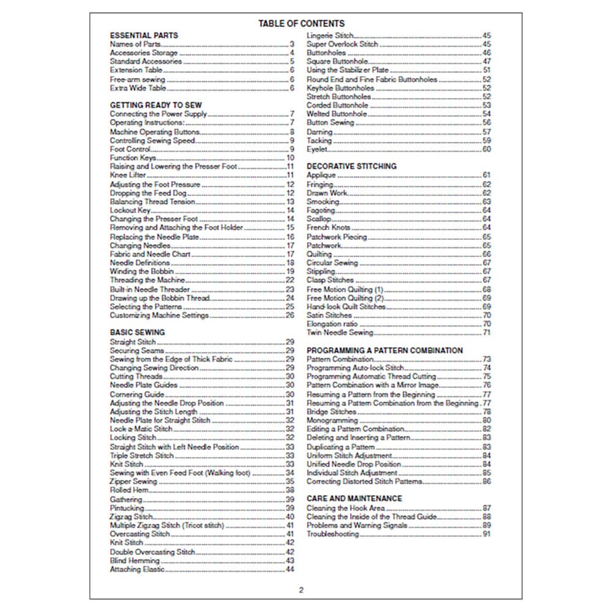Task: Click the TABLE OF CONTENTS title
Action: pyautogui.click(x=301, y=24)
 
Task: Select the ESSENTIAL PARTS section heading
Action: pyautogui.click(x=144, y=35)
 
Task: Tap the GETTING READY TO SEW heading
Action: pyautogui.click(x=155, y=105)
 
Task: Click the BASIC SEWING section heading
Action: pyautogui.click(x=137, y=332)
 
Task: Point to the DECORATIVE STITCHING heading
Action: pyautogui.click(x=351, y=166)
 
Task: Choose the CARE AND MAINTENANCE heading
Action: pyautogui.click(x=354, y=499)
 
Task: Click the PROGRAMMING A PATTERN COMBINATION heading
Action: pyautogui.click(x=384, y=351)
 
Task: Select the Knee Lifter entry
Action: pyautogui.click(x=128, y=175)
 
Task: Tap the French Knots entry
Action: pyautogui.click(x=328, y=228)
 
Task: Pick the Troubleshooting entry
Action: pyautogui.click(x=332, y=534)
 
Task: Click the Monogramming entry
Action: pyautogui.click(x=332, y=420)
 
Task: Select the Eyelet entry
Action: pyautogui.click(x=317, y=149)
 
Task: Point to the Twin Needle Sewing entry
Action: pyautogui.click(x=339, y=332)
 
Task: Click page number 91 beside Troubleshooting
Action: pyautogui.click(x=487, y=534)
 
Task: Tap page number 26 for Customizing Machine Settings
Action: pyautogui.click(x=290, y=315)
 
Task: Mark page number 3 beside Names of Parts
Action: pyautogui.click(x=293, y=44)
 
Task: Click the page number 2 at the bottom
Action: pyautogui.click(x=301, y=591)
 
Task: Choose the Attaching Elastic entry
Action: pyautogui.click(x=137, y=569)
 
